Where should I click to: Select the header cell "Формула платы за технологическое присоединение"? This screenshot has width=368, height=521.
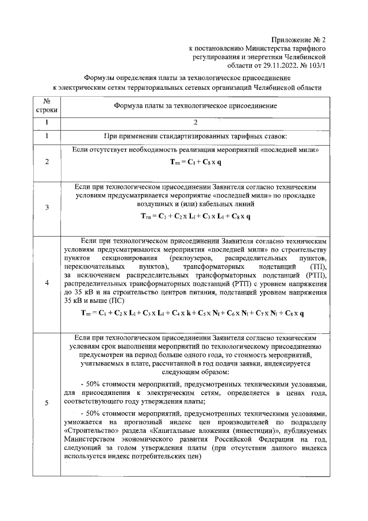click(x=195, y=106)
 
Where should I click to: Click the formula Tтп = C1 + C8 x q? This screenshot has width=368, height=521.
click(x=195, y=162)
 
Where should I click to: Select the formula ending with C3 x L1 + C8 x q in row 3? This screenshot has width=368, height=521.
click(x=195, y=216)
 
